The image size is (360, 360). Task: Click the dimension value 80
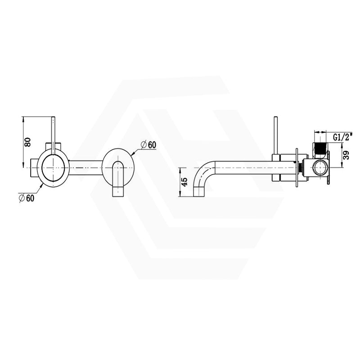tap(28, 142)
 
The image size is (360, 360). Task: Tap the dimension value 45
tap(184, 182)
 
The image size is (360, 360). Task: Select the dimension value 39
tap(346, 155)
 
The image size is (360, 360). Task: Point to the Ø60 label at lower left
tap(27, 198)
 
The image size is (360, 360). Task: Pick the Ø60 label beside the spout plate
tap(148, 145)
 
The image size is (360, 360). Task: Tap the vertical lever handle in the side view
tap(275, 136)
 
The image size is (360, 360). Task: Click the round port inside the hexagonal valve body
tap(320, 167)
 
